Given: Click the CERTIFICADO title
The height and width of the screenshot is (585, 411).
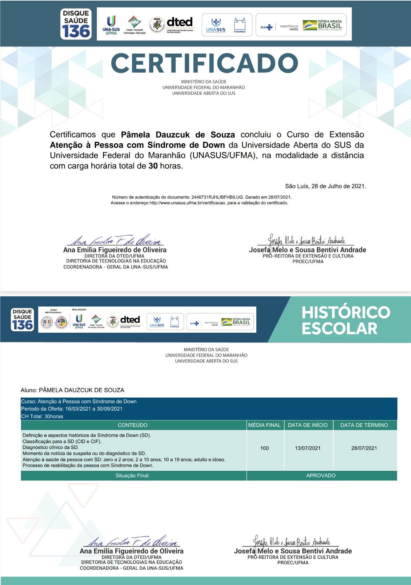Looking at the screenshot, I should coord(204,63).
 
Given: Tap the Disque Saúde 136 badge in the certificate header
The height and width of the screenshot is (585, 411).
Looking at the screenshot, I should coord(76,24).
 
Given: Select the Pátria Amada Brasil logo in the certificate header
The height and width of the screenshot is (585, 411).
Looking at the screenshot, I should coord(322,25).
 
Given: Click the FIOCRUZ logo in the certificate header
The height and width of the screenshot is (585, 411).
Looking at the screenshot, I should coord(240,25).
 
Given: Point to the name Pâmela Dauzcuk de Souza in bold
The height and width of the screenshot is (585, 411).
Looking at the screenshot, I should coord(178,135).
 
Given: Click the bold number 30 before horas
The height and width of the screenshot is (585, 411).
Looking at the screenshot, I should coord(153,166).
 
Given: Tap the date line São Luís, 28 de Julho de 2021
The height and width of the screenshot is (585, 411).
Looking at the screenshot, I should coord(325,186).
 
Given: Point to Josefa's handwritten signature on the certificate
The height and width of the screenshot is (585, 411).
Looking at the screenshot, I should coord(307,240).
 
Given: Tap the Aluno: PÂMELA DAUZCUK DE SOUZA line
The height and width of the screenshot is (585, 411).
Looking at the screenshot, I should coord(72,390).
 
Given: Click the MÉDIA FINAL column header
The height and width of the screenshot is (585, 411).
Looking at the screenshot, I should coord(264,425).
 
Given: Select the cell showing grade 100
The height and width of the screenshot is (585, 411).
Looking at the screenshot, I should coord(264,448).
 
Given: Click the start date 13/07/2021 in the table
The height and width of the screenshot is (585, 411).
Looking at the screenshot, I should coord(308,448).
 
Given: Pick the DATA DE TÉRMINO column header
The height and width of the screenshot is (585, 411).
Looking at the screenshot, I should coord(364,425).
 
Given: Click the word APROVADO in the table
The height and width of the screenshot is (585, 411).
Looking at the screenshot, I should coord(321,475).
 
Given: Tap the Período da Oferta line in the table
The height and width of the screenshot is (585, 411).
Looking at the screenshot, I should coord(72,409).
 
